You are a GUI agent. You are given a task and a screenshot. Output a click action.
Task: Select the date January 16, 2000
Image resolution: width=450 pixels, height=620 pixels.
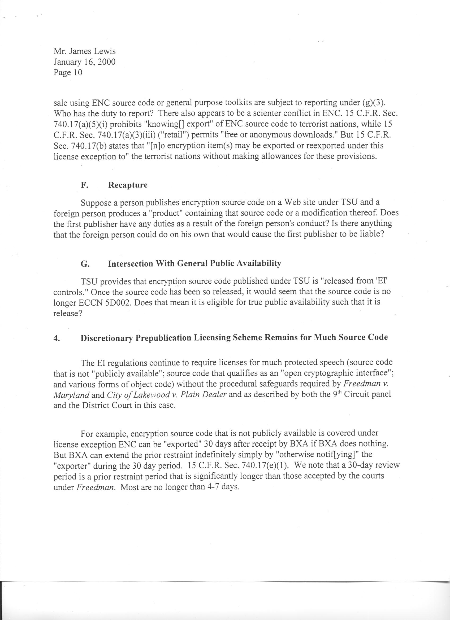[x=85, y=62]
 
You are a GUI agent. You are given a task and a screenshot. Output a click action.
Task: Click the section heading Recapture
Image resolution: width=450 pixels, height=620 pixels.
[x=128, y=185]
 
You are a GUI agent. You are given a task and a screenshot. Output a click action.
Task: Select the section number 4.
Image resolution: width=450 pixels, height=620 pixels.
[x=56, y=338]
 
